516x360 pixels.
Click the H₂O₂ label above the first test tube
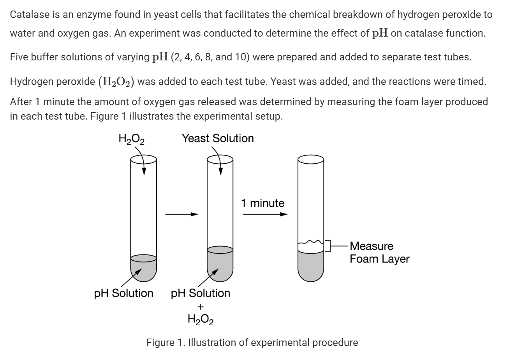coord(131,139)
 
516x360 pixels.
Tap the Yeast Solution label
coord(218,138)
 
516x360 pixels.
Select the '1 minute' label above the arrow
coord(262,203)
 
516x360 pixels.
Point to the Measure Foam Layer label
coord(379,252)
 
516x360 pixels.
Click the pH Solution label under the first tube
coord(123,293)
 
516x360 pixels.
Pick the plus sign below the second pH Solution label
coord(200,307)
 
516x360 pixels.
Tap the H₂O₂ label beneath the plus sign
coord(200,319)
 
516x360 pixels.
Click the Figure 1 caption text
coord(252,342)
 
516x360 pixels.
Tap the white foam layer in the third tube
coord(310,247)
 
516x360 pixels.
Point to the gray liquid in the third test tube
coord(310,265)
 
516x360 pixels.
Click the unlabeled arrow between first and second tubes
coord(181,214)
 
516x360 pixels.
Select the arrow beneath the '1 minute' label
coord(265,214)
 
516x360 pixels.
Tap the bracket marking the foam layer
coord(328,246)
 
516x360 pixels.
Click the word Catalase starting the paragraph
coord(30,15)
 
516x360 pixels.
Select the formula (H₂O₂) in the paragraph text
coord(116,81)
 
